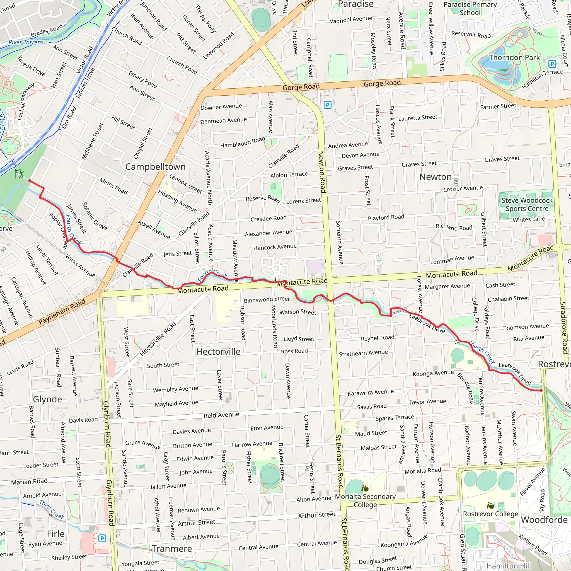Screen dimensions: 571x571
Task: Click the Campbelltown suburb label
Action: coord(156,167)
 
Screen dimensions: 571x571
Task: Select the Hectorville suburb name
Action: coord(218,351)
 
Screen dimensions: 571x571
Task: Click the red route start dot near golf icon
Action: coord(30,181)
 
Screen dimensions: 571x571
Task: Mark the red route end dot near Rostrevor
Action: coord(541,390)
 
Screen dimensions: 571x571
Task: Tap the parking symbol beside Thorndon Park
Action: coord(552,64)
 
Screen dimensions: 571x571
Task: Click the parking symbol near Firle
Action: coord(102,538)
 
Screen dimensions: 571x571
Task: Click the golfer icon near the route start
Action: coord(19,173)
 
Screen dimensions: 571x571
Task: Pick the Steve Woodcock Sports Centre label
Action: coord(527,205)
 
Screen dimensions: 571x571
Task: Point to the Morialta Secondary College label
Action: coord(365,500)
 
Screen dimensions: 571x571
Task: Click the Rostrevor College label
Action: coord(490,514)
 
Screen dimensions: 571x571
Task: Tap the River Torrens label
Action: coord(26,42)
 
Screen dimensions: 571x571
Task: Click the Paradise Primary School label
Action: coord(470,8)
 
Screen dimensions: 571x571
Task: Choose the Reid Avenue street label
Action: coord(221,415)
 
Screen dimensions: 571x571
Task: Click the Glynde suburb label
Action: coord(47,399)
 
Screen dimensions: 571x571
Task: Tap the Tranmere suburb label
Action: coord(172,548)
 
